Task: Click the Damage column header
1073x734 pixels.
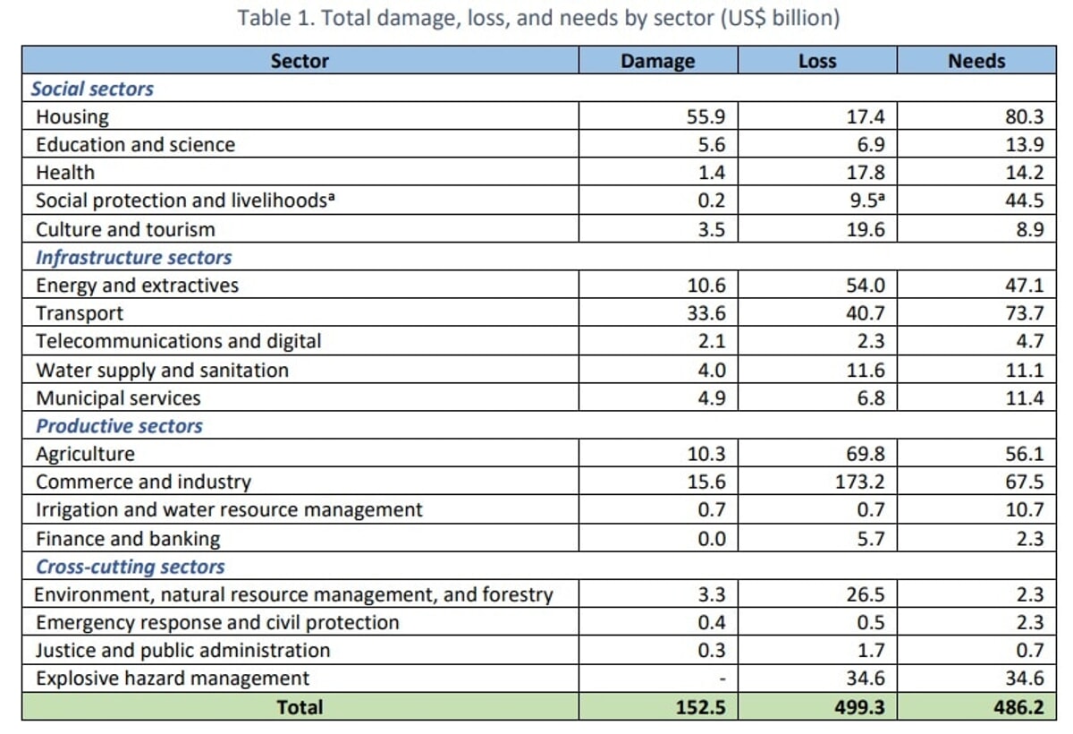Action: click(657, 61)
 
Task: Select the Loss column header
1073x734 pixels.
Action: click(816, 61)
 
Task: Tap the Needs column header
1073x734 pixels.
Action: click(976, 61)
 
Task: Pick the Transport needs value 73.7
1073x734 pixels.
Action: click(1025, 313)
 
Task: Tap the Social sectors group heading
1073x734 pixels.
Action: click(92, 89)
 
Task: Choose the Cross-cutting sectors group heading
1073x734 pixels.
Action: click(130, 567)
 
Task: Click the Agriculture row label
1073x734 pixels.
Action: click(85, 454)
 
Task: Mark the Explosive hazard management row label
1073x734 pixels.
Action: click(173, 678)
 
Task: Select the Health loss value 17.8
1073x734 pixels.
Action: click(866, 173)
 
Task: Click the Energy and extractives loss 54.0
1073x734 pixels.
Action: click(866, 286)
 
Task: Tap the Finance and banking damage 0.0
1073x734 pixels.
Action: click(712, 539)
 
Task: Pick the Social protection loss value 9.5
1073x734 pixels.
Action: click(866, 201)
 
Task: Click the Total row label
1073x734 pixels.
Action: click(300, 706)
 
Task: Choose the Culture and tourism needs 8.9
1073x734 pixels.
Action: click(1030, 229)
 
